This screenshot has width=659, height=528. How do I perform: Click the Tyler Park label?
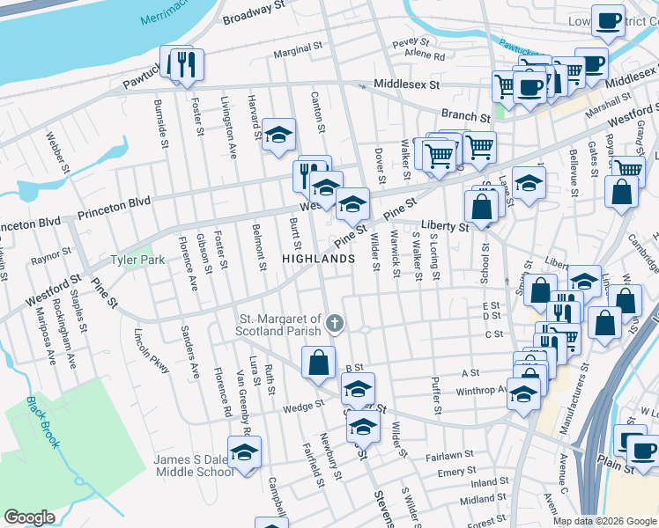[x=131, y=260]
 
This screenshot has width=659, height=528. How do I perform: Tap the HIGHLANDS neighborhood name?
[x=318, y=259]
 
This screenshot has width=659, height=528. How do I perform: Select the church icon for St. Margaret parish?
[x=334, y=324]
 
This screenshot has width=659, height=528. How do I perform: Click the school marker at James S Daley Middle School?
[x=245, y=453]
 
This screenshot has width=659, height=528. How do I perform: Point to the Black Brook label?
[x=42, y=422]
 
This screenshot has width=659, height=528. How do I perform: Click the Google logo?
[x=29, y=517]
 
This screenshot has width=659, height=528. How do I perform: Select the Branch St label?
[x=465, y=117]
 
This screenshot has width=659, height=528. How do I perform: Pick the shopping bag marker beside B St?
[x=318, y=362]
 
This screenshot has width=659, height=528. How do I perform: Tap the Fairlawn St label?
[x=450, y=457]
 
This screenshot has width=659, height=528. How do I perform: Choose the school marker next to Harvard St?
[x=279, y=135]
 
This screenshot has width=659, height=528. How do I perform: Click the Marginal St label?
[x=294, y=53]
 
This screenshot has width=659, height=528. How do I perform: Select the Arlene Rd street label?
[x=425, y=55]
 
